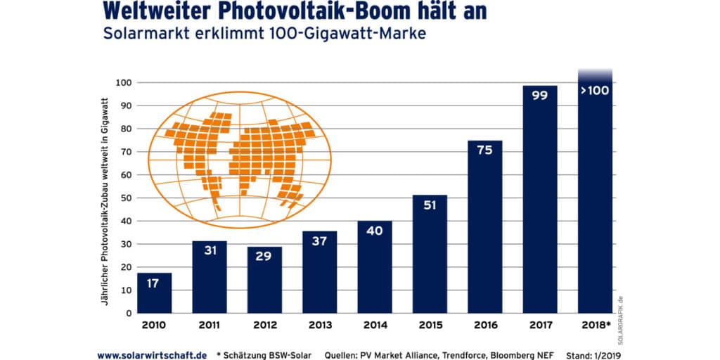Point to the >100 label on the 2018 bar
[x=595, y=91]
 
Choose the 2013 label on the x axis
[x=320, y=326]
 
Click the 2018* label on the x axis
[x=596, y=326]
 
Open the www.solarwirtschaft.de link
[x=152, y=355]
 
